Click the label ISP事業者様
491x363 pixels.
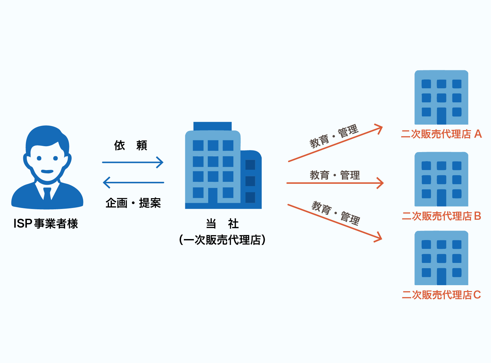coord(46,224)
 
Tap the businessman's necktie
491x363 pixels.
coord(47,194)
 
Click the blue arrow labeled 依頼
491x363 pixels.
coord(133,162)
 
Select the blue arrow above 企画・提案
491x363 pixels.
coord(133,182)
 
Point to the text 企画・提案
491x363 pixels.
coord(133,203)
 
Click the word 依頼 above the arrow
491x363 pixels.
coord(131,145)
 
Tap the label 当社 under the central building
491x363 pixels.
coord(222,224)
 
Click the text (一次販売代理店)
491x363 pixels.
coord(222,240)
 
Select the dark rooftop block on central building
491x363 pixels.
coord(212,126)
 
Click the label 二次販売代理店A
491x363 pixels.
coord(441,134)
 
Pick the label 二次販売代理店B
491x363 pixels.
coord(441,216)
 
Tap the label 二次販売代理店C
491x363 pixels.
coord(441,295)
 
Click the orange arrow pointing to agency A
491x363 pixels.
coord(335,144)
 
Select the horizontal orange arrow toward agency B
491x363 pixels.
coord(335,183)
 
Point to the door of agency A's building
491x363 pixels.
coord(441,116)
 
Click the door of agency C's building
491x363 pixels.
coord(441,276)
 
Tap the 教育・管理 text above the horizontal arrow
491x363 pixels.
coord(335,175)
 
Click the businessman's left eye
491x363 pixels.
coord(39,158)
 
